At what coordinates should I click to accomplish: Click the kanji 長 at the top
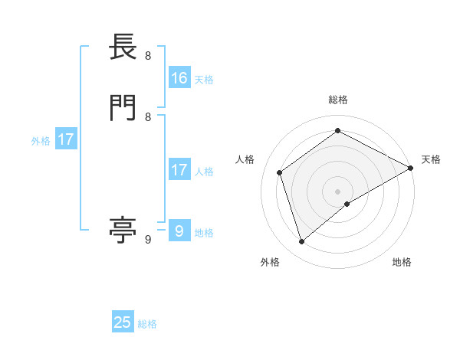(x=123, y=48)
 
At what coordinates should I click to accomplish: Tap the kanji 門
(x=123, y=108)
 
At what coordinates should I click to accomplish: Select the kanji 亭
(x=123, y=230)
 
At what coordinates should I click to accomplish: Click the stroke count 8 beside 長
(x=148, y=56)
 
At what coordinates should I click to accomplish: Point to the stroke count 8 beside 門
(x=148, y=117)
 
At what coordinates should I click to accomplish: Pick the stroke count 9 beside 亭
(x=148, y=240)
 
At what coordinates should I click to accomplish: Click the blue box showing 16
(x=179, y=78)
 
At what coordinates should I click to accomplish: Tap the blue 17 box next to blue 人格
(x=179, y=170)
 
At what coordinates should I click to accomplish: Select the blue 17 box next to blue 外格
(x=67, y=140)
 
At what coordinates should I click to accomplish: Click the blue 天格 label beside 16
(x=204, y=80)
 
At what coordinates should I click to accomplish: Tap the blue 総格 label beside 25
(x=147, y=324)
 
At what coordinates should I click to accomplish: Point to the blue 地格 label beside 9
(x=204, y=233)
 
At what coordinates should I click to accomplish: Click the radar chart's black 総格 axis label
(x=338, y=100)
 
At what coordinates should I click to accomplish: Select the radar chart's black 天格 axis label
(x=431, y=159)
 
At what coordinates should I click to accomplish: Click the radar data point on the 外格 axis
(x=302, y=242)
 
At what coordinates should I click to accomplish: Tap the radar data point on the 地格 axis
(x=347, y=204)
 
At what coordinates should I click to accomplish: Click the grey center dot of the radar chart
(x=338, y=191)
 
